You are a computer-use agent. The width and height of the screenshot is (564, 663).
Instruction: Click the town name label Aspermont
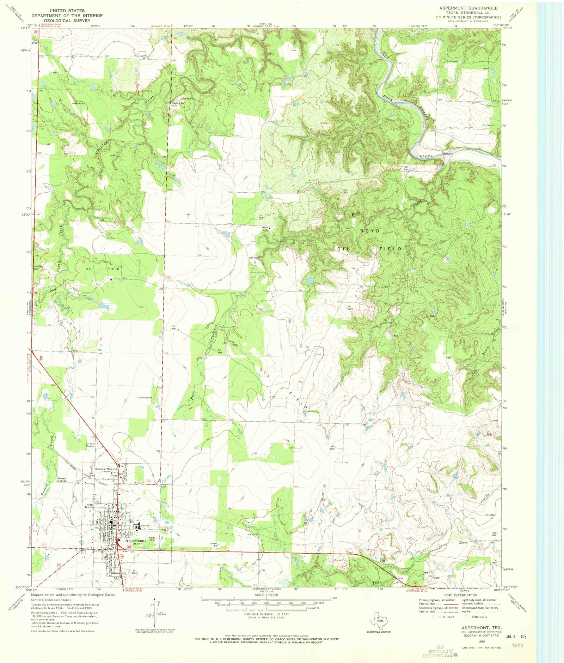(136, 541)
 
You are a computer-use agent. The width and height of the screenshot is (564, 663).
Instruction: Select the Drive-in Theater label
(90, 445)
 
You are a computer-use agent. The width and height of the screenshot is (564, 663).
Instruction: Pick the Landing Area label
(145, 397)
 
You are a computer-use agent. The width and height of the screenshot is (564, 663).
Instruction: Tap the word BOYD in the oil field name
(370, 231)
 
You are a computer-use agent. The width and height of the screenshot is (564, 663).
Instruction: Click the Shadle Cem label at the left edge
(38, 267)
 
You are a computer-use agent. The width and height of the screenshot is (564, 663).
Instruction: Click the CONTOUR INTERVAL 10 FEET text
(266, 614)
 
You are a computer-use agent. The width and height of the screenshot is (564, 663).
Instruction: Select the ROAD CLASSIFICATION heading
(458, 595)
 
